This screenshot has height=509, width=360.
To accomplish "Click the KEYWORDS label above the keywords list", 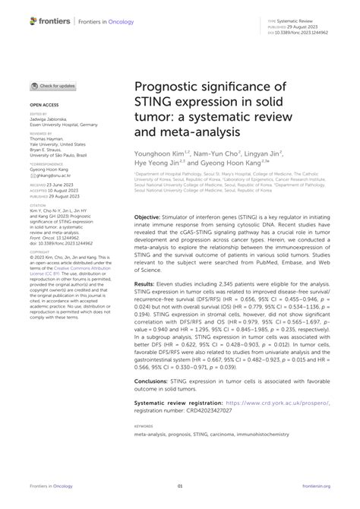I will pos(144,427).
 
